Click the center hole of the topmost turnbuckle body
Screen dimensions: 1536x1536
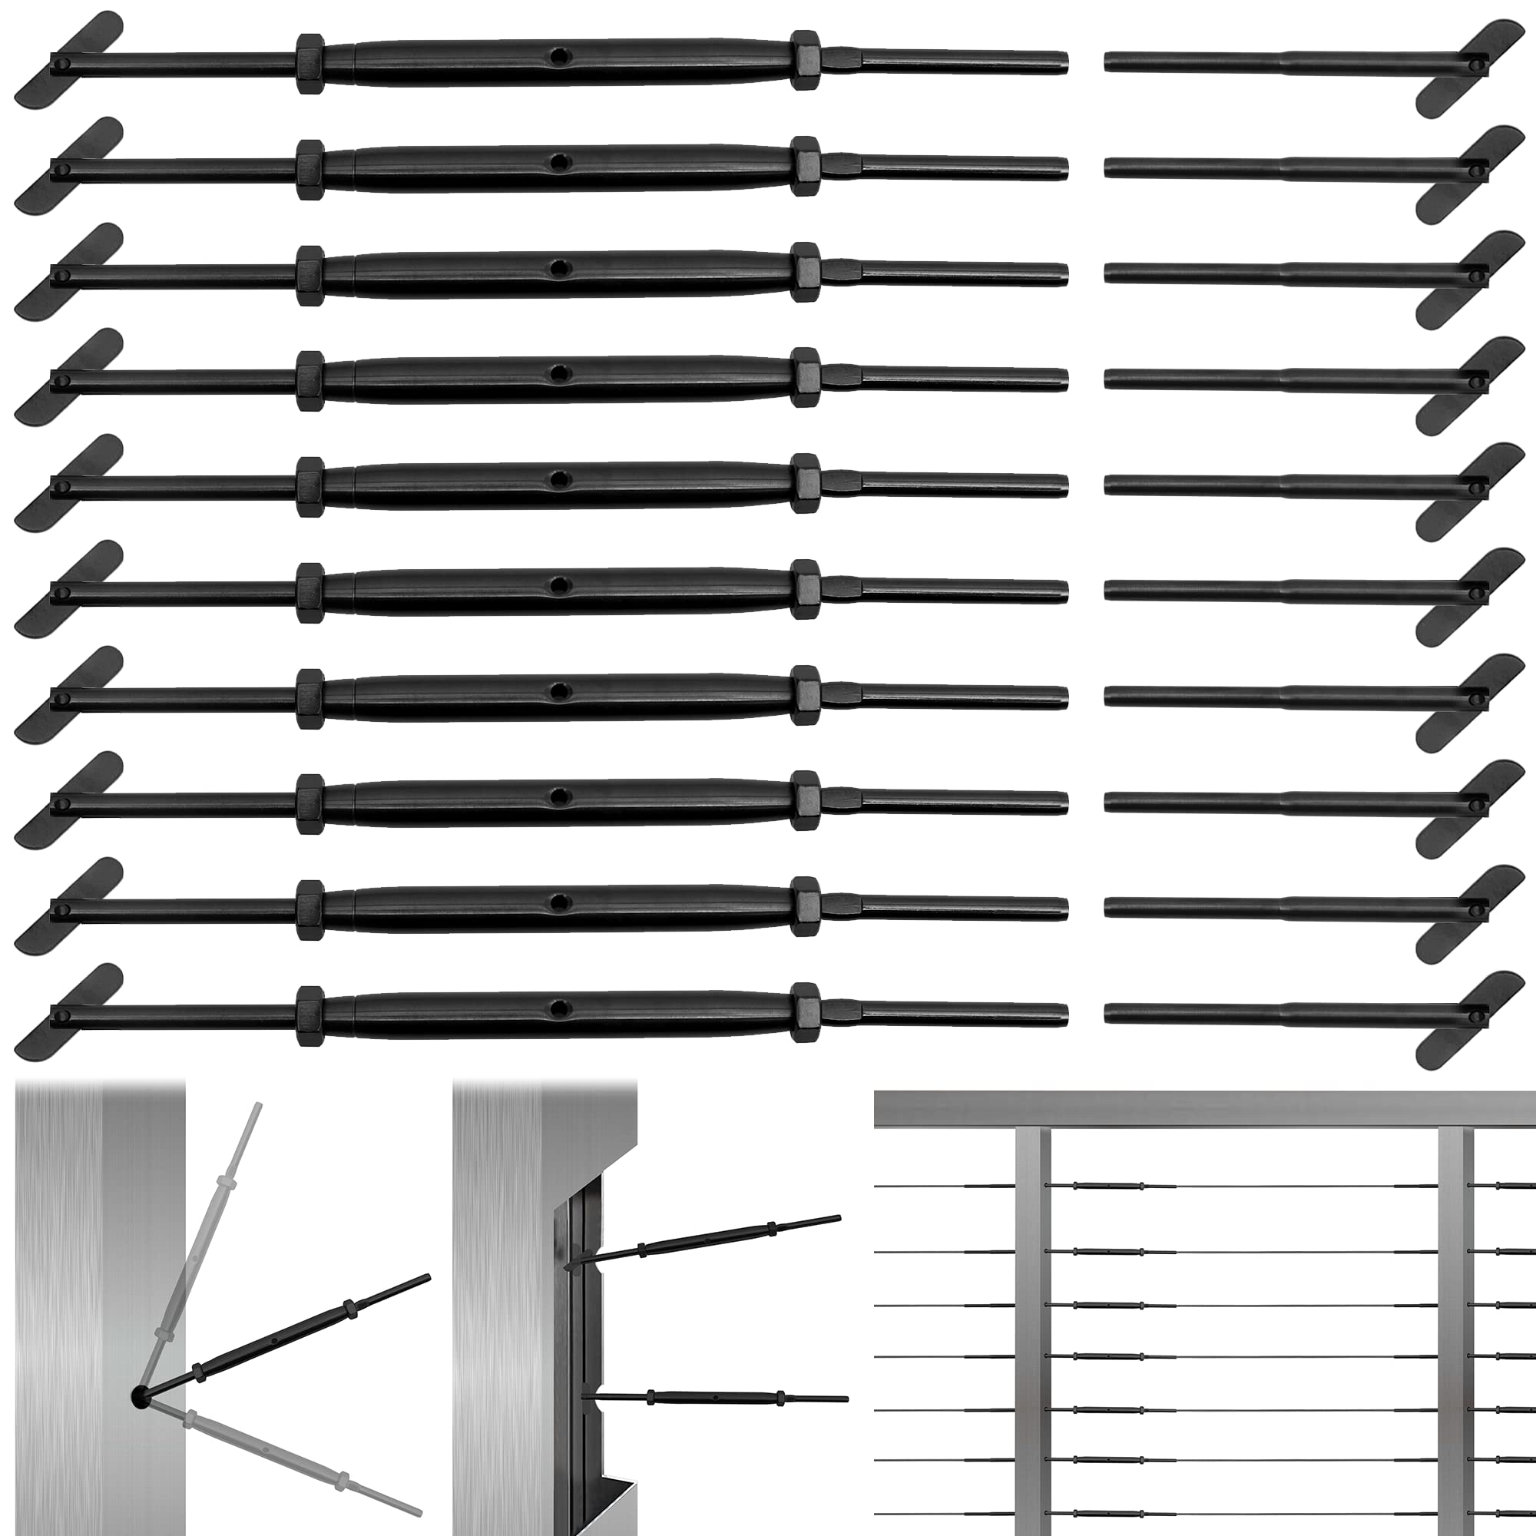pyautogui.click(x=561, y=56)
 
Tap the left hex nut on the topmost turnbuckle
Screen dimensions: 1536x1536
pyautogui.click(x=310, y=64)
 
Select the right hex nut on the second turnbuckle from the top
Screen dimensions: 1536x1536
pyautogui.click(x=805, y=166)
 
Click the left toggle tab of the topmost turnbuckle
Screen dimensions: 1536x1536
pyautogui.click(x=68, y=60)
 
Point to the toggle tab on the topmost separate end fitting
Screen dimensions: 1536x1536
pyautogui.click(x=1470, y=68)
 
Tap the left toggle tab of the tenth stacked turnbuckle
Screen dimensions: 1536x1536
pyautogui.click(x=68, y=1012)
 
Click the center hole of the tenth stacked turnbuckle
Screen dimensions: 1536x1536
pyautogui.click(x=561, y=1009)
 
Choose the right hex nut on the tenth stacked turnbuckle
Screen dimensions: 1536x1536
pyautogui.click(x=805, y=1012)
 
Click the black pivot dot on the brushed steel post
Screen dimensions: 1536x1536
pyautogui.click(x=141, y=1397)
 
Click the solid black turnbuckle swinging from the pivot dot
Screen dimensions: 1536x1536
pyautogui.click(x=286, y=1336)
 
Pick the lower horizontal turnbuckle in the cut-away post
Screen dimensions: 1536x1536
pyautogui.click(x=716, y=1397)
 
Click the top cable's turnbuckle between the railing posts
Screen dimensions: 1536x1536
pyautogui.click(x=1108, y=1187)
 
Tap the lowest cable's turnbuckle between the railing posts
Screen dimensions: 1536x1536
pyautogui.click(x=1108, y=1513)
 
